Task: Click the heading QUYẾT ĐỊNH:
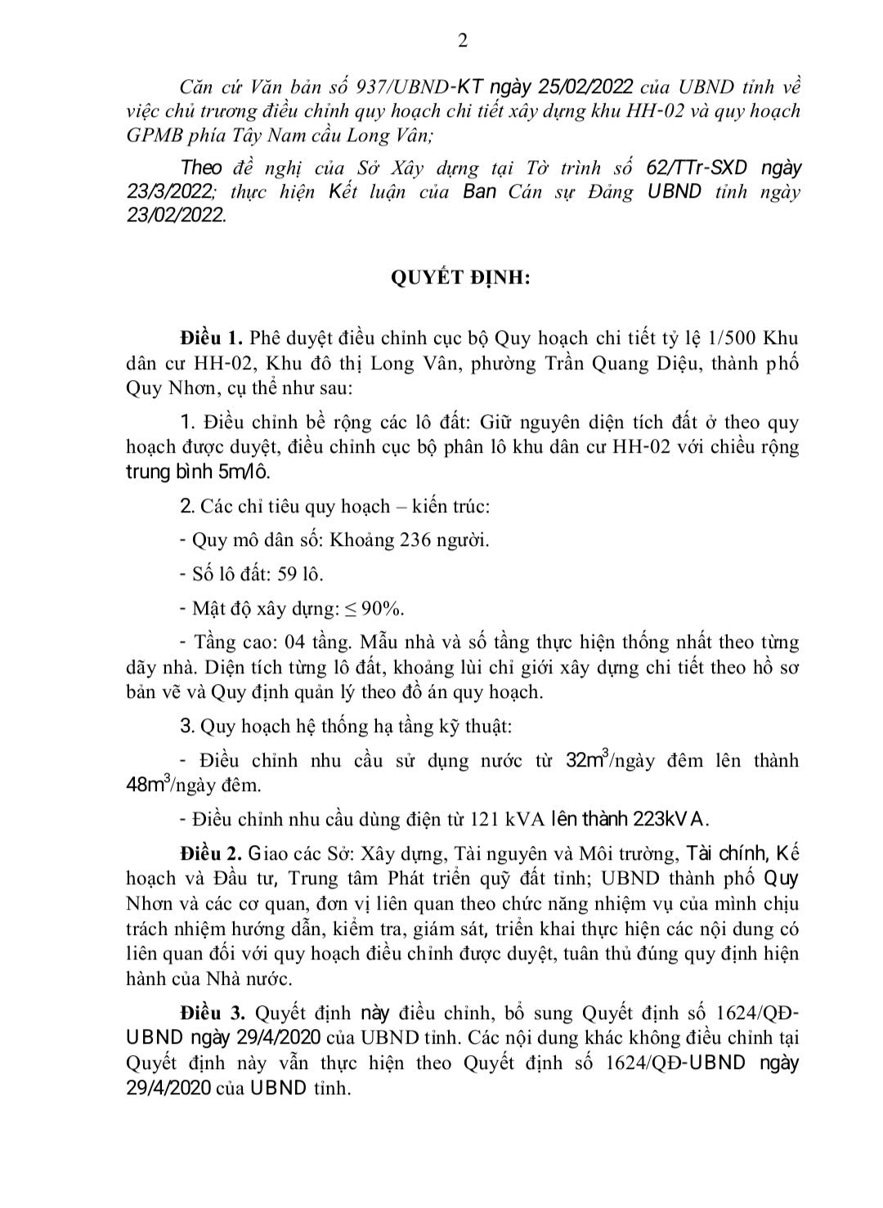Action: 461,278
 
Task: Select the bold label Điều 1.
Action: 211,338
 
